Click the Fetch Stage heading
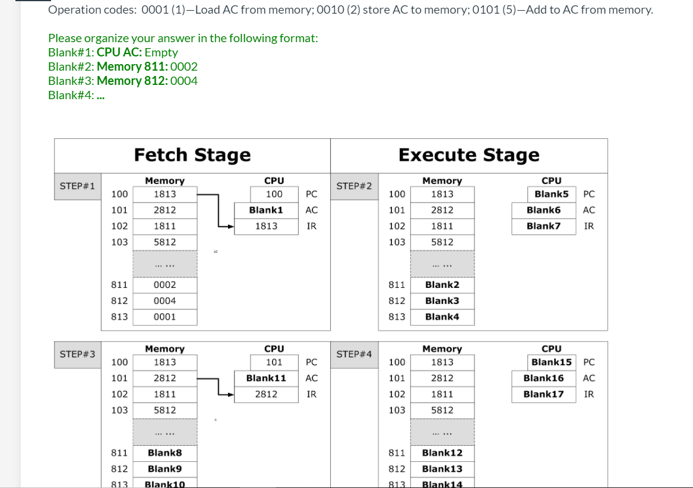192,155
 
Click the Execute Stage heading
469,155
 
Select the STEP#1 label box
78,186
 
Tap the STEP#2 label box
354,186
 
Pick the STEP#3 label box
78,354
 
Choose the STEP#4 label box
354,354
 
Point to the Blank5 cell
551,194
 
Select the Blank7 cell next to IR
543,226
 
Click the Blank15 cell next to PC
551,362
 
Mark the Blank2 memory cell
442,285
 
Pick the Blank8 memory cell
164,453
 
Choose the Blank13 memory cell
442,469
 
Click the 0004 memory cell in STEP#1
164,301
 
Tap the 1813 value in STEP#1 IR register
266,226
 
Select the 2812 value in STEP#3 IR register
266,394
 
